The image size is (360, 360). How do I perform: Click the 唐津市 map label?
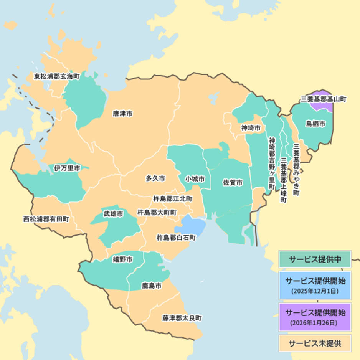coord(123,114)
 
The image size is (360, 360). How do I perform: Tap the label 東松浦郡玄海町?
coord(57,76)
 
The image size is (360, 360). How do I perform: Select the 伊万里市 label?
coord(67,168)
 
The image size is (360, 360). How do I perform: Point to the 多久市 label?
coord(155,178)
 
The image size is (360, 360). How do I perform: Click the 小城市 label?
coord(195,179)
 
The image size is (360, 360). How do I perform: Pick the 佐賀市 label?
coord(233,183)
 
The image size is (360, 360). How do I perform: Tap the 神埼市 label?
coord(251,127)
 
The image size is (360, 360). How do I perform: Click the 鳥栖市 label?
coord(316,124)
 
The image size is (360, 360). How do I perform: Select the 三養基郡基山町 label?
coord(324,99)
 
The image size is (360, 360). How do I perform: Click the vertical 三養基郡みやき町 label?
coord(296,169)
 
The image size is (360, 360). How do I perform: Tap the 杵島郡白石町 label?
coord(176,238)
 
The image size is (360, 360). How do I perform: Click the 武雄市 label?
coord(113,214)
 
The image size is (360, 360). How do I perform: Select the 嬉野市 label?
coord(123,260)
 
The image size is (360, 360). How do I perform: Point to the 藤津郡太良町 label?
coord(182,318)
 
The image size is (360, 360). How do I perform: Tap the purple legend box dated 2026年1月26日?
coord(315,317)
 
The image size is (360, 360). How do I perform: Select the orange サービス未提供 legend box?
coord(315,342)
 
